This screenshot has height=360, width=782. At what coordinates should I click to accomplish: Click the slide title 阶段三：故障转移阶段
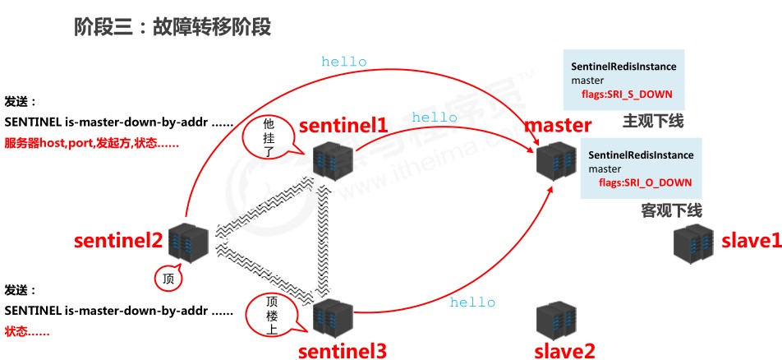pos(172,27)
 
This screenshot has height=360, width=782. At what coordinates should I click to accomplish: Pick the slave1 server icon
pos(692,242)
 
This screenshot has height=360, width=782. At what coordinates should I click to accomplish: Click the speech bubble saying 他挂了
pos(266,136)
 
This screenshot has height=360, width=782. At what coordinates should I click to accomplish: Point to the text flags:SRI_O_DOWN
pos(646,182)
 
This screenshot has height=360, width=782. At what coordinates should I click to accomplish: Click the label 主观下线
pos(653,122)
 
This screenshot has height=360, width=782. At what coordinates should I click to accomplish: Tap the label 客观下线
pos(671,210)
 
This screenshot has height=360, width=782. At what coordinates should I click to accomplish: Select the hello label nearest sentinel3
pos(472,302)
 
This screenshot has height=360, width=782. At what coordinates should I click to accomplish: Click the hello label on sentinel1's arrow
pos(435,118)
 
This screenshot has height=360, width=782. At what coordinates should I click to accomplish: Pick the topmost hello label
pos(344,61)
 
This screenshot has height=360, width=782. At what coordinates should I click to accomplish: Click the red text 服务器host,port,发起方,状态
pos(92,143)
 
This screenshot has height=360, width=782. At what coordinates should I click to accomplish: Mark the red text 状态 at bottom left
pos(27,331)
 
